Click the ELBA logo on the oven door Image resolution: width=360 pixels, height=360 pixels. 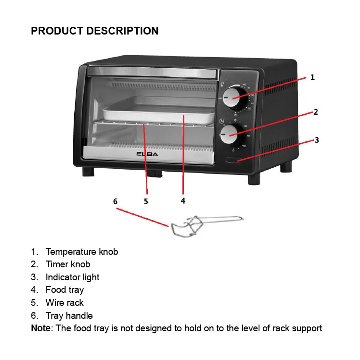(x=147, y=154)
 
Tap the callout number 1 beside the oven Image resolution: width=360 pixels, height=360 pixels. (x=312, y=77)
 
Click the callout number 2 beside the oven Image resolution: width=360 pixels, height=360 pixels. (x=316, y=112)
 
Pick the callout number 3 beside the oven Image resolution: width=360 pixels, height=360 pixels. (x=317, y=140)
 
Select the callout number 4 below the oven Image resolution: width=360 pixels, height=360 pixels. (x=183, y=201)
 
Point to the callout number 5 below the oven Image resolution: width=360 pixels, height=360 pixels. (x=146, y=201)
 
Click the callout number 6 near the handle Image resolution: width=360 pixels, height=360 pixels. (x=115, y=201)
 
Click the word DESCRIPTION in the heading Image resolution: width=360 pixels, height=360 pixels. (x=122, y=31)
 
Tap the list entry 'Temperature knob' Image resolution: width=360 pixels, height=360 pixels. (x=82, y=252)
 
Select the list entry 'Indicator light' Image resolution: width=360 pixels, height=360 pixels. (x=72, y=277)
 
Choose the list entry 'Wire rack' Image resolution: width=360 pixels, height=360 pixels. (x=65, y=303)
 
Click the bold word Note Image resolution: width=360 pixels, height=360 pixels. (x=40, y=328)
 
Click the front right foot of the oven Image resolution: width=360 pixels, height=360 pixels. (x=254, y=179)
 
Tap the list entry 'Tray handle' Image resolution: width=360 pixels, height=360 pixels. (x=69, y=316)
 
